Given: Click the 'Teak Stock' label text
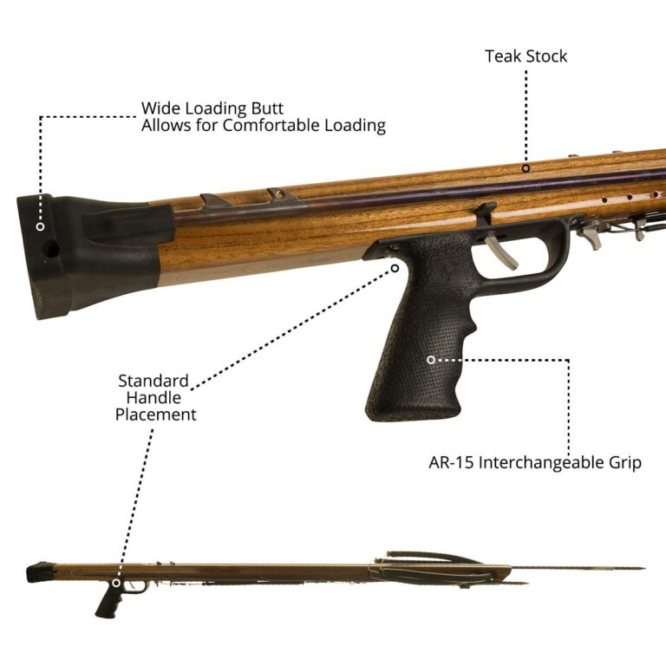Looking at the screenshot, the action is tap(526, 56).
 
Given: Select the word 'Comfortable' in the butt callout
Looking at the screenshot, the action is tap(271, 125).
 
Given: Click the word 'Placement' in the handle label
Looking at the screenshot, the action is tap(156, 415).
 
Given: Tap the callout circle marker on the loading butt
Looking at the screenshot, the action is tap(41, 227).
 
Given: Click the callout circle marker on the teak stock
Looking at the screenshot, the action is tap(526, 168).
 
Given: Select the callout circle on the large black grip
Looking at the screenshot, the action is tap(431, 360).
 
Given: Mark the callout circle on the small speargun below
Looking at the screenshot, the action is tap(116, 583).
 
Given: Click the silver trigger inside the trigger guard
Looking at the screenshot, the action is tap(501, 252).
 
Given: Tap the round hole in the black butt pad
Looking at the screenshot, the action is tap(51, 249).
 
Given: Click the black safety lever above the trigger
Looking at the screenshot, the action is tap(486, 213).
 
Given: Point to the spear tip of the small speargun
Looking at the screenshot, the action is tap(643, 568).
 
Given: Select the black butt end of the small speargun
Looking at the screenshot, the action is tap(40, 571).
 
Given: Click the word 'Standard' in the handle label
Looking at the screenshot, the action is tap(153, 381).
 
